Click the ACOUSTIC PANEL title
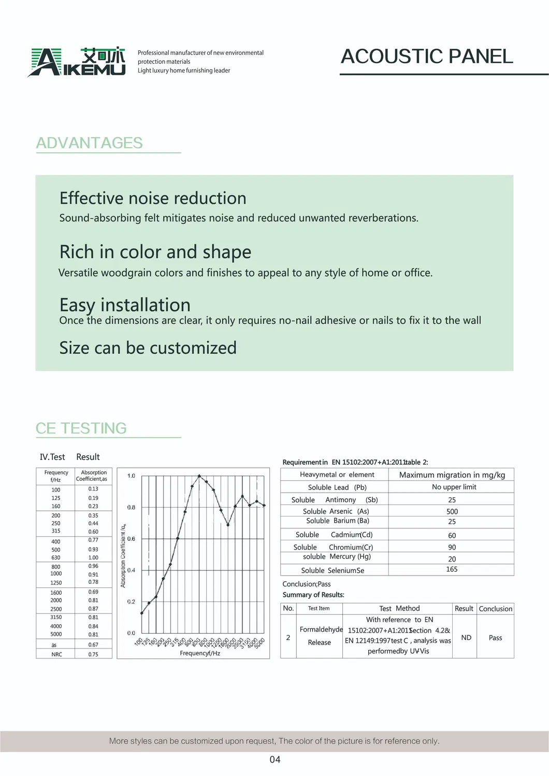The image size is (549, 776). pyautogui.click(x=427, y=56)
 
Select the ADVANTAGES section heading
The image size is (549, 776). pyautogui.click(x=89, y=143)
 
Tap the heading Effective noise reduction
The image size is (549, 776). pyautogui.click(x=153, y=198)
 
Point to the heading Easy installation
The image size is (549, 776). pyautogui.click(x=125, y=305)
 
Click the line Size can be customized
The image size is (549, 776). pyautogui.click(x=148, y=348)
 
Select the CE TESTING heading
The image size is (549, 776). pyautogui.click(x=81, y=428)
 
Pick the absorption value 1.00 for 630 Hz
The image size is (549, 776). pyautogui.click(x=93, y=558)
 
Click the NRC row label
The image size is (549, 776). pyautogui.click(x=56, y=654)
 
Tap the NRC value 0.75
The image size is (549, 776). pyautogui.click(x=93, y=654)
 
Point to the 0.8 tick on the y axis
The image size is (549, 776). pyautogui.click(x=131, y=507)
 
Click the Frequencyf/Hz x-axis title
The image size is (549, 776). pyautogui.click(x=200, y=653)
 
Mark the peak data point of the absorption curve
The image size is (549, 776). pyautogui.click(x=199, y=476)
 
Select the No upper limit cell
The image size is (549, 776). pyautogui.click(x=454, y=487)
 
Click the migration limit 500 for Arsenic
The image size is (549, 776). pyautogui.click(x=452, y=511)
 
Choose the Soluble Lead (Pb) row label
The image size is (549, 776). pyautogui.click(x=337, y=487)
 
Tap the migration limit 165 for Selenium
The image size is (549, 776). pyautogui.click(x=452, y=569)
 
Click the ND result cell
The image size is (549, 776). pyautogui.click(x=466, y=638)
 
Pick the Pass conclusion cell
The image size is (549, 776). pyautogui.click(x=495, y=638)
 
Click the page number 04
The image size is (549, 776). pyautogui.click(x=275, y=759)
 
